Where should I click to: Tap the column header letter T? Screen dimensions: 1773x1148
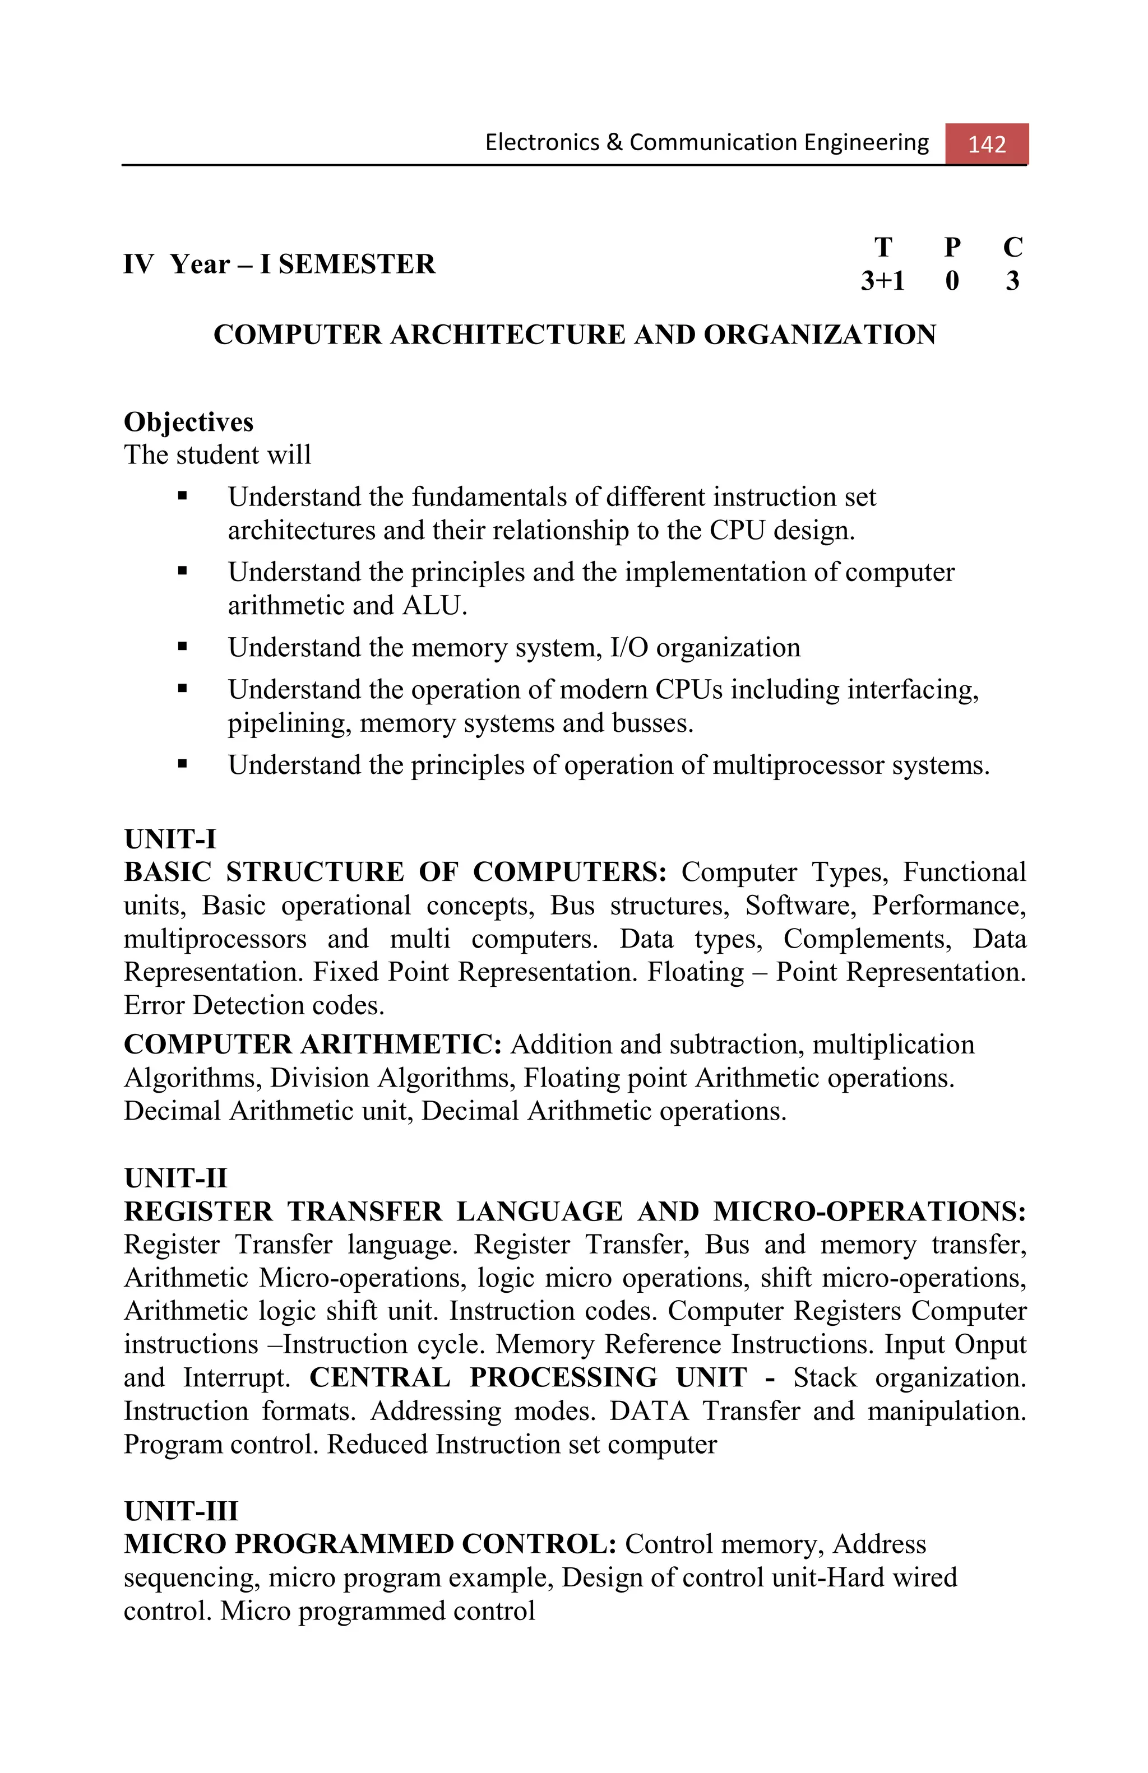[x=882, y=247]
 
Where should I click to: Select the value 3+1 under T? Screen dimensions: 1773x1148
[x=882, y=281]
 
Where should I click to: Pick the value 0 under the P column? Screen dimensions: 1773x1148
[x=951, y=281]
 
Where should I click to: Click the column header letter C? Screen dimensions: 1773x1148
[x=1012, y=247]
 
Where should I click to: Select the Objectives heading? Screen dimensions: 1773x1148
[x=188, y=421]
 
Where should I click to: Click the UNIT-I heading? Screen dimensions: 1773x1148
[x=170, y=839]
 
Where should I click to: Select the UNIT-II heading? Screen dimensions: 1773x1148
[x=175, y=1178]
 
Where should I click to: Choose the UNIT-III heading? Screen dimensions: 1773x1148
[x=181, y=1511]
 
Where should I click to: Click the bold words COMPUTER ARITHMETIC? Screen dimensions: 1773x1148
[x=313, y=1045]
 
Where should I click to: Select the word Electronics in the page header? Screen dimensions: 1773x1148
[x=541, y=142]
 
